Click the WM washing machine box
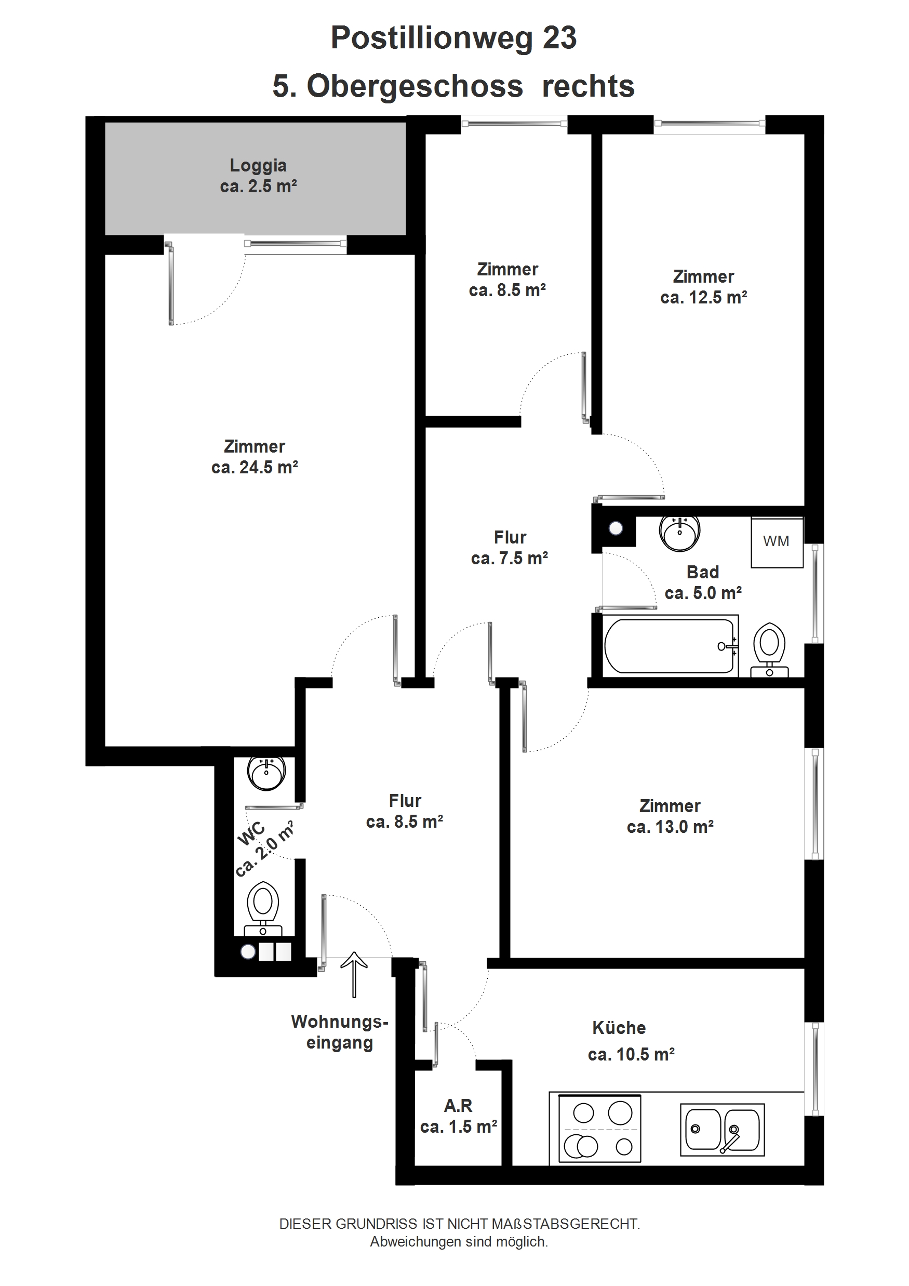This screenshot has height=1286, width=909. [777, 542]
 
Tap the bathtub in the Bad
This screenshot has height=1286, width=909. [671, 646]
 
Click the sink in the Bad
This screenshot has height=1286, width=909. [679, 533]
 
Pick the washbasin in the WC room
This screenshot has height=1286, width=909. [266, 774]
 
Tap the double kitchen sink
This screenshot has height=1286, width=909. [722, 1130]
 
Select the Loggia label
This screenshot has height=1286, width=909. [258, 165]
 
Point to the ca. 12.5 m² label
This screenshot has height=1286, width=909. [703, 297]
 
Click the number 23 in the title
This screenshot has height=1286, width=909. [559, 38]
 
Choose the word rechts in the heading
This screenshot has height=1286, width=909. [588, 87]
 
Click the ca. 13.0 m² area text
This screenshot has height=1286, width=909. [670, 827]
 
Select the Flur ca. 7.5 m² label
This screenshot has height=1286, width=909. [510, 548]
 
